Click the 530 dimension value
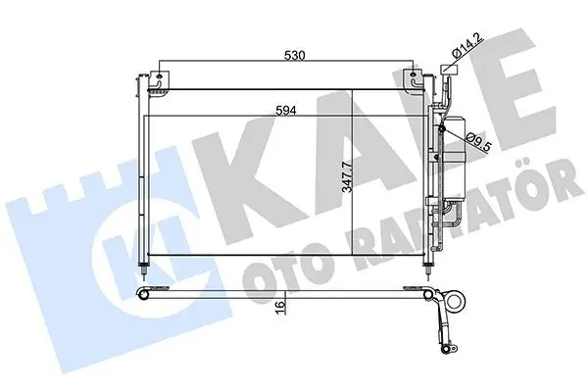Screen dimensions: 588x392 [x=295, y=56]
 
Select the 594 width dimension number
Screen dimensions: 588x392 [x=286, y=111]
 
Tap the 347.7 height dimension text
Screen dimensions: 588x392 [x=348, y=177]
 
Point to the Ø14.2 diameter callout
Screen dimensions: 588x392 [x=468, y=47]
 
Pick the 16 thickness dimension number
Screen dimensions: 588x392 [x=281, y=307]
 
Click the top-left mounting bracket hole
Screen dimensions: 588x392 [x=159, y=76]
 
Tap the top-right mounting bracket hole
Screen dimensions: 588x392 [x=413, y=76]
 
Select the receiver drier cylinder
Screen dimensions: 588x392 [x=454, y=159]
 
